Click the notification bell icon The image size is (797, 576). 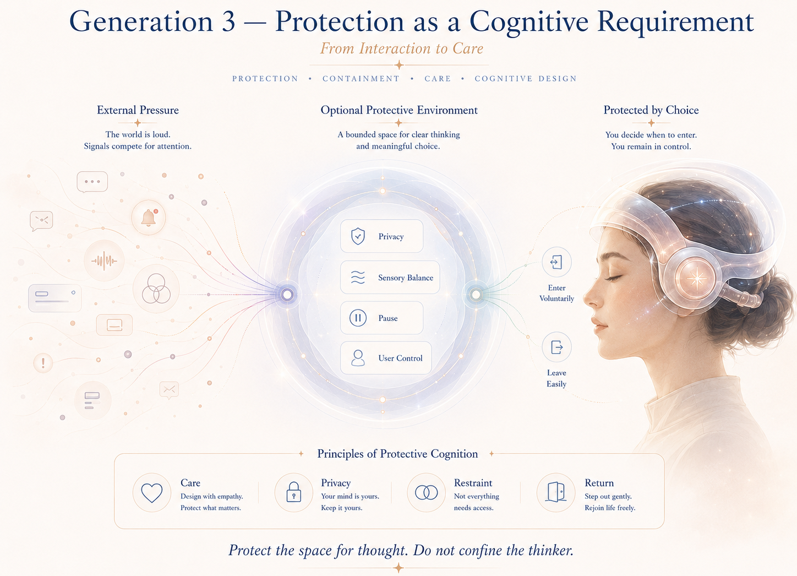(x=149, y=217)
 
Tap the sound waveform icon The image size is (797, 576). (x=104, y=260)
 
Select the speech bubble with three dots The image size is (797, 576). (x=92, y=182)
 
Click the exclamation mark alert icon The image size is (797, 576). (x=43, y=363)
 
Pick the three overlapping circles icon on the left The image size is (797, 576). (x=156, y=289)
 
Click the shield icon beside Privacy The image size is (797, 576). (x=358, y=236)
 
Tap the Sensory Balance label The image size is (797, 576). (x=406, y=278)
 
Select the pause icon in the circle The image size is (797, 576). (x=358, y=318)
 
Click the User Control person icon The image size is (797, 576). (x=358, y=358)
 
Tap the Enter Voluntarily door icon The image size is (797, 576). (x=556, y=262)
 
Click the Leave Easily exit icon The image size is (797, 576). (x=556, y=347)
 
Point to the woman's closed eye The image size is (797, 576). (x=614, y=278)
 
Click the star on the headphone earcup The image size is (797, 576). (x=696, y=279)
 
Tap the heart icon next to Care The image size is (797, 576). (x=151, y=493)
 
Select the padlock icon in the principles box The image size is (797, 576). (x=293, y=492)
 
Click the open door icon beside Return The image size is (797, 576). (x=556, y=492)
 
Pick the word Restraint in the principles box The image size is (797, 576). (x=473, y=483)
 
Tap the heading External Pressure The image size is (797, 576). (x=138, y=110)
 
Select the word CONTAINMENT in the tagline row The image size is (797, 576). (x=361, y=79)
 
